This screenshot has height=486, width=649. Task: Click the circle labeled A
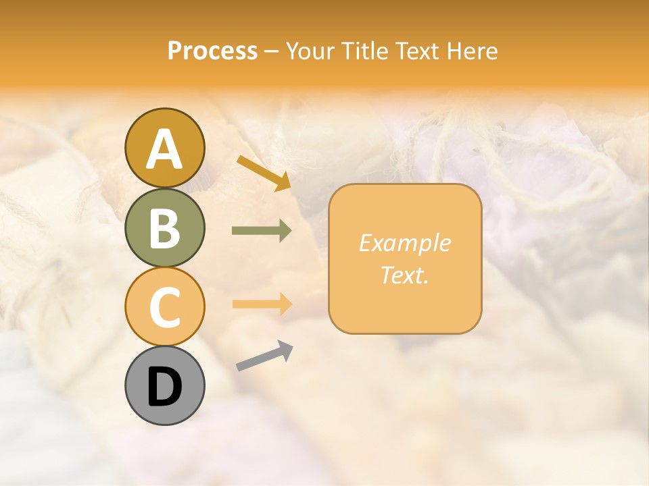pos(164,148)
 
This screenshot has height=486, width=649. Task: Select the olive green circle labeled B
pos(164,227)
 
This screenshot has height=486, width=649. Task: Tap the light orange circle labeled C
pos(164,306)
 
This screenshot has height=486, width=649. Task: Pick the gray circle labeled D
pos(164,385)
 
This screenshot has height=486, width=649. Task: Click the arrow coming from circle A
pos(264,172)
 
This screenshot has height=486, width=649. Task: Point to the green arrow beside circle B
pos(262,231)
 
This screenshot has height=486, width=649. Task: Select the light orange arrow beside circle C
pos(262,304)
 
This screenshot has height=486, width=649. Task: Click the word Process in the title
pos(212,51)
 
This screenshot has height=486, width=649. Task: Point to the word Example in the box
pos(404,243)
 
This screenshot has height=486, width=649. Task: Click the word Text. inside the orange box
pos(404,275)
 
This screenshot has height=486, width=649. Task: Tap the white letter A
pos(164,148)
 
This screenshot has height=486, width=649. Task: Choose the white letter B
pos(164,228)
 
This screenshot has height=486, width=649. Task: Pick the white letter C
pos(164,307)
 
